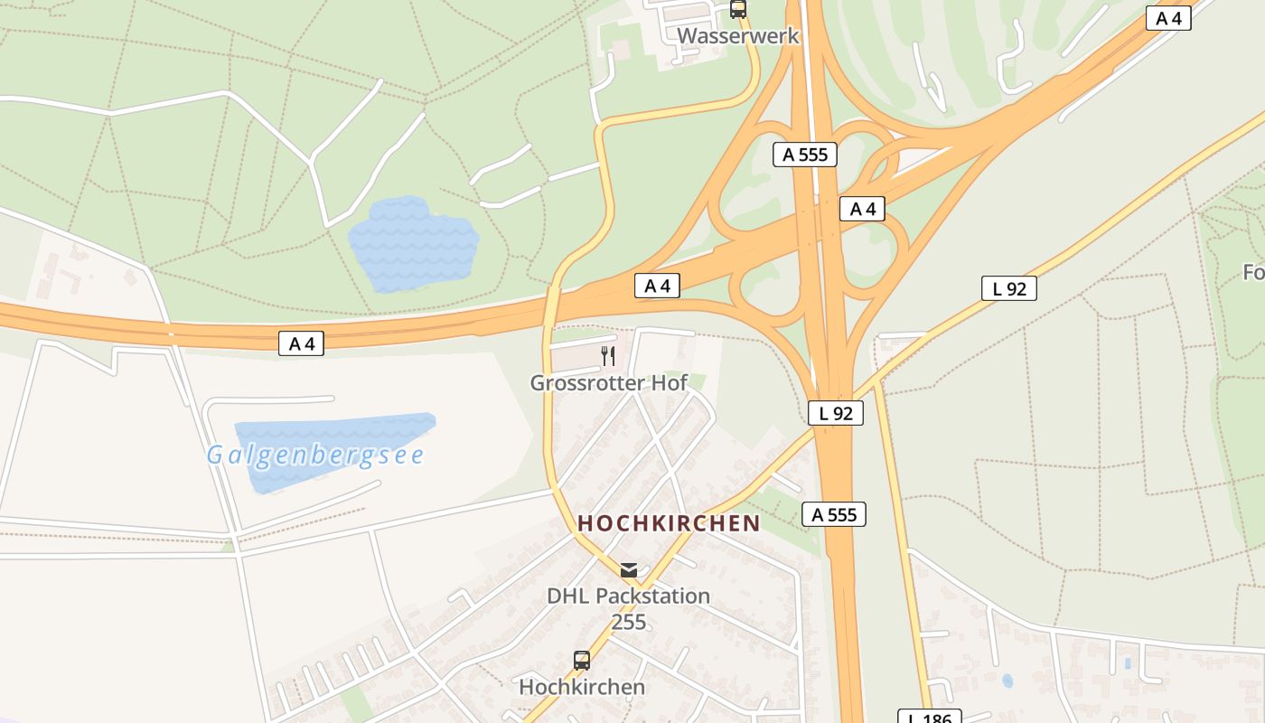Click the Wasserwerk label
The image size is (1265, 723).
coord(738,36)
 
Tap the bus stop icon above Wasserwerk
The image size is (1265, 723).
coord(738,9)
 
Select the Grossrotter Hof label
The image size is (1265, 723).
coord(608,382)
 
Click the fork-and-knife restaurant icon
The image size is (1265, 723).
coord(608,356)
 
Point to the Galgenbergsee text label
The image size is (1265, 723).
coord(314,455)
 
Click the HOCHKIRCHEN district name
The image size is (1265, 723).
coord(669,523)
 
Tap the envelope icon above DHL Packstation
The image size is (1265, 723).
coord(629,570)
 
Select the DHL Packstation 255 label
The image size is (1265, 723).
coord(629,608)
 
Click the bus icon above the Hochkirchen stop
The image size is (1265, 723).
coord(582,661)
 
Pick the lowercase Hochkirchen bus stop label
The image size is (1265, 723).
coord(582,687)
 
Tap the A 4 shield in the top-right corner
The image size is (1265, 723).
coord(1168,18)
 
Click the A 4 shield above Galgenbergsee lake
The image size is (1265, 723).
coord(301,343)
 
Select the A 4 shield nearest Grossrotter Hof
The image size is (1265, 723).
coord(657,286)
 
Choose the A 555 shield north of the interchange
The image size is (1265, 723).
coord(805,155)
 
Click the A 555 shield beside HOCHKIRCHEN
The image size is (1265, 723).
coord(834,514)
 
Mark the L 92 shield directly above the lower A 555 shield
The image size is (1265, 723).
coord(836,413)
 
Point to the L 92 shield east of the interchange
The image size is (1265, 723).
coord(1009,288)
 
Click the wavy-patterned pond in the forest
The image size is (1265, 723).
coord(413,245)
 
